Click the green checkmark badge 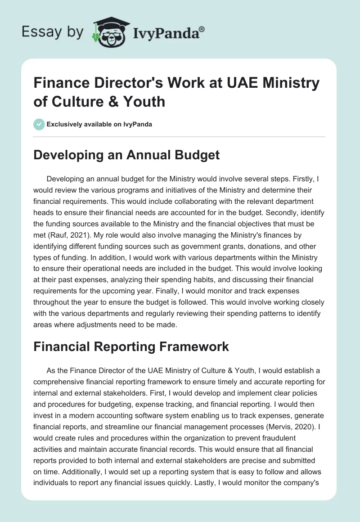pos(39,124)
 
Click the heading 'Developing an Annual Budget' pos(127,155)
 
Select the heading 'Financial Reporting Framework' pos(131,346)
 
